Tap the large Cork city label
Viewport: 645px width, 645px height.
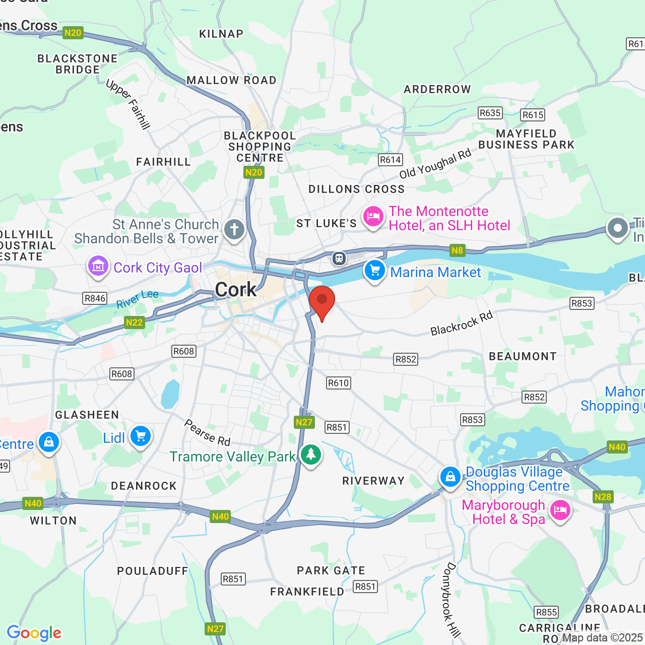pos(236,290)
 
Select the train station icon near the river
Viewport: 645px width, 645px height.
pos(339,259)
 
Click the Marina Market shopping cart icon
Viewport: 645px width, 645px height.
pos(374,271)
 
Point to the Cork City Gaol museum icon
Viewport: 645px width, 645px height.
pos(98,266)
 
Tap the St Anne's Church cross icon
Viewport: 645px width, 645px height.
pos(234,230)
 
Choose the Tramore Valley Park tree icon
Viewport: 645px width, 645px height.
pos(311,455)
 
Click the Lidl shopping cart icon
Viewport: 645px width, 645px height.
pos(141,436)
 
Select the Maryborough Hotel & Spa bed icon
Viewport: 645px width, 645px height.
pos(560,510)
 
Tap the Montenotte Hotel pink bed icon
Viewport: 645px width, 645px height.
pos(373,217)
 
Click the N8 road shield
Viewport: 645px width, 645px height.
pos(457,250)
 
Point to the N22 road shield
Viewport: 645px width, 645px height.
pos(135,322)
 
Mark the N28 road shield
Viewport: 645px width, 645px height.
pos(603,497)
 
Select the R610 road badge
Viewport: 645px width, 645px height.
pos(338,383)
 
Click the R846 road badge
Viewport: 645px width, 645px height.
pos(95,298)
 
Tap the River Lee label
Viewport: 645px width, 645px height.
pos(137,299)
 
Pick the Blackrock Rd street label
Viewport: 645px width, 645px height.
pos(461,324)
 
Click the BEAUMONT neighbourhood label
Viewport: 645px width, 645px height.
pos(523,356)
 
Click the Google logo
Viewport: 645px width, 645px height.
pos(34,633)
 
